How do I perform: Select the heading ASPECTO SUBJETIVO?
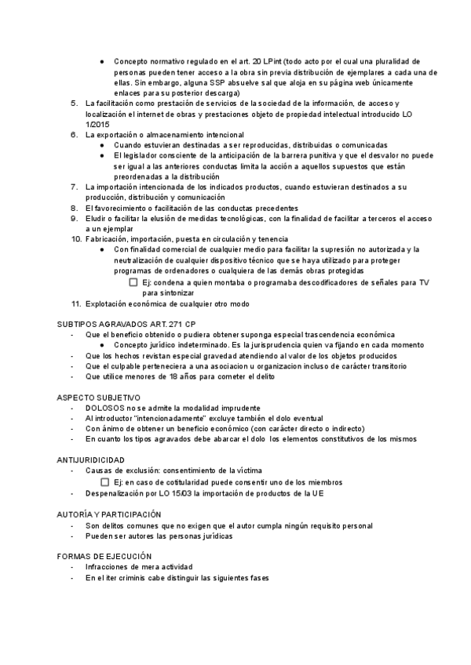98,398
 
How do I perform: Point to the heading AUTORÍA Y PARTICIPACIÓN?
110,514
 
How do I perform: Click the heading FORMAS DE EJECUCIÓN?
104,556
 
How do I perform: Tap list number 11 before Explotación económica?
75,303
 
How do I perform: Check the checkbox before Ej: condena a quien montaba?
133,282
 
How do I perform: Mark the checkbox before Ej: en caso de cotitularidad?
105,482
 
